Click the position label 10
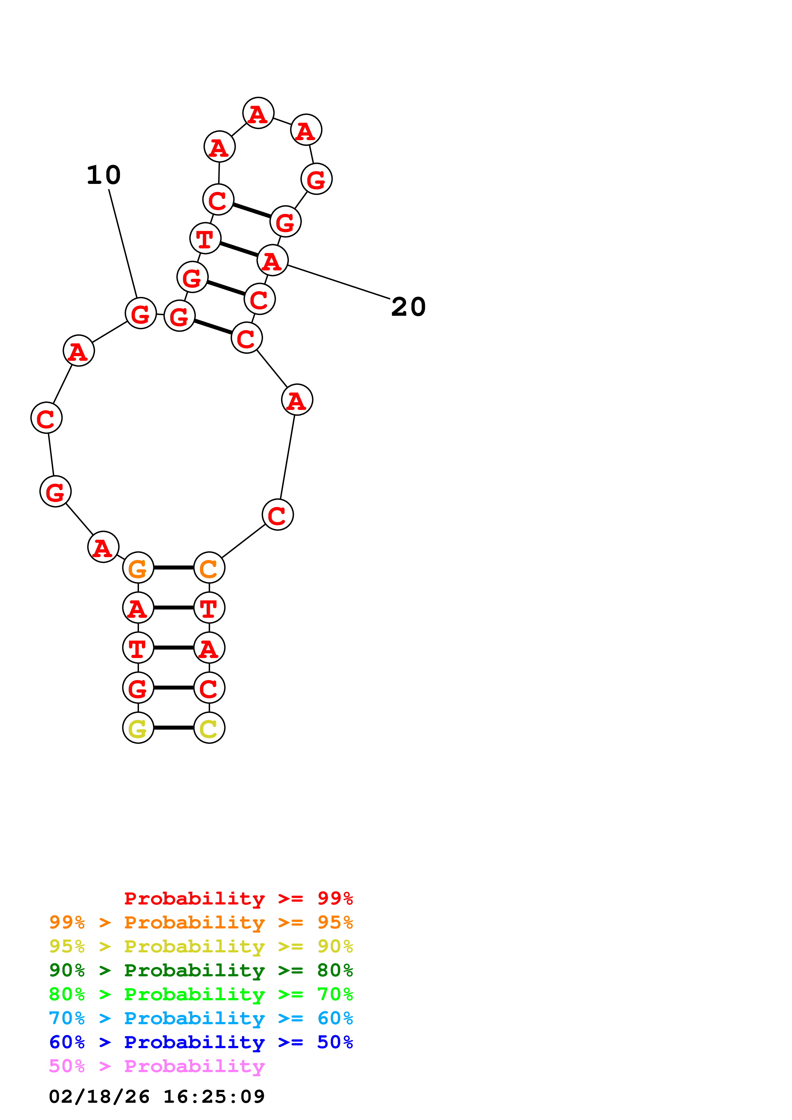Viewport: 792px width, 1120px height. click(x=104, y=175)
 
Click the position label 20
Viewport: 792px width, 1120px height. click(x=408, y=307)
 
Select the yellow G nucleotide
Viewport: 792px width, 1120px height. click(x=138, y=728)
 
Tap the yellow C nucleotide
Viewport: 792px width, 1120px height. click(x=209, y=728)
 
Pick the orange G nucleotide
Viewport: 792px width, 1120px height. click(x=138, y=568)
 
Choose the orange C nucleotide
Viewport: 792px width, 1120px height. click(x=209, y=568)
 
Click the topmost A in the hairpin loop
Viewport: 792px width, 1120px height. click(x=258, y=113)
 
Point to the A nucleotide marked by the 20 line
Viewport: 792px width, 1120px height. click(x=272, y=261)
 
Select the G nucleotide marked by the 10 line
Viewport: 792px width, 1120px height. click(x=141, y=313)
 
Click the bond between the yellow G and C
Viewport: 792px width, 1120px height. click(x=174, y=728)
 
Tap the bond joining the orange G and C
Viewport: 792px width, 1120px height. click(x=174, y=568)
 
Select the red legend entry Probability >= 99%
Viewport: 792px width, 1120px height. click(x=238, y=898)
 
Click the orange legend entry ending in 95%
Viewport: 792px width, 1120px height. click(x=201, y=922)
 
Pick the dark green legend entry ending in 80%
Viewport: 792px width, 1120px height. click(x=201, y=970)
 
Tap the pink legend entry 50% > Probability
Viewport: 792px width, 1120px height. click(x=157, y=1066)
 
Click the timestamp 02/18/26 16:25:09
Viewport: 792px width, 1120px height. click(x=157, y=1097)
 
